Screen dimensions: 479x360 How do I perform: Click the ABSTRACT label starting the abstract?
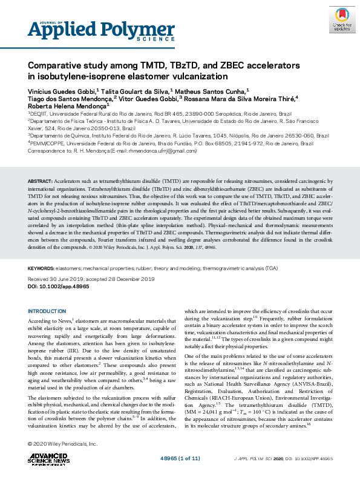pos(41,182)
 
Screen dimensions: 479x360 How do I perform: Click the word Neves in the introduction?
pos(63,320)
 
